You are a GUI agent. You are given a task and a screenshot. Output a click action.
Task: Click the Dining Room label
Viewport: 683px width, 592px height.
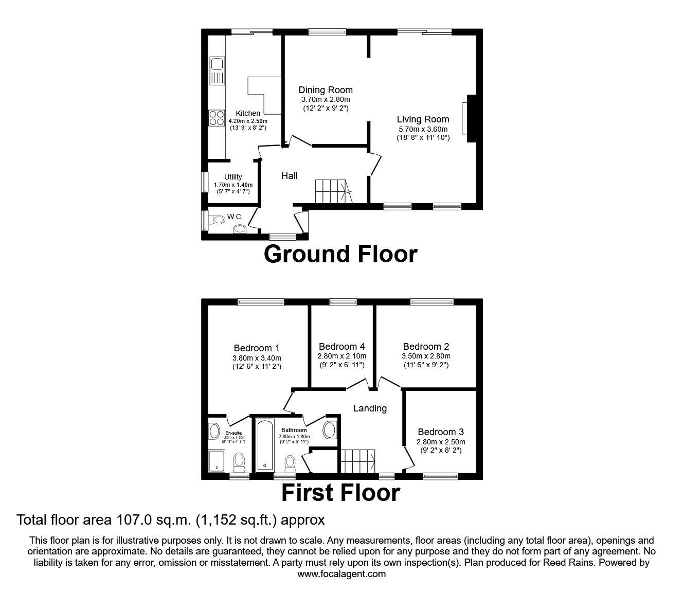point(326,90)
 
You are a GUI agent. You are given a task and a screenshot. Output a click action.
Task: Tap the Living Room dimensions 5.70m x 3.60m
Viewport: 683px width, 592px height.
point(423,129)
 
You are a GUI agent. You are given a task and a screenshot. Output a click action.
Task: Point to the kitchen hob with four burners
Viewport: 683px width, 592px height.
point(216,118)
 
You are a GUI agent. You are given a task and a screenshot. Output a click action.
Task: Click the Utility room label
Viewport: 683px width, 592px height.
point(233,177)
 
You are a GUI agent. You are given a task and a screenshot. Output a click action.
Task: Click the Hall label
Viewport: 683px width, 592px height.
point(289,176)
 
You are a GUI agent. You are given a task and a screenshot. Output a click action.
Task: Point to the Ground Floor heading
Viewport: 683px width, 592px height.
point(340,254)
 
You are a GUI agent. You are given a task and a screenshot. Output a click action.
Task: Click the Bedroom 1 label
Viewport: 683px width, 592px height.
point(257,348)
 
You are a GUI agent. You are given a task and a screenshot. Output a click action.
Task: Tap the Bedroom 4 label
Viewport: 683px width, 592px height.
point(341,347)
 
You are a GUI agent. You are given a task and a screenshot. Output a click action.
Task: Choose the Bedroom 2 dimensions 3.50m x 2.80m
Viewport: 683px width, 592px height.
point(426,356)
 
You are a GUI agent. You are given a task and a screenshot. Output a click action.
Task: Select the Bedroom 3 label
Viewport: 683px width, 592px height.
point(437,432)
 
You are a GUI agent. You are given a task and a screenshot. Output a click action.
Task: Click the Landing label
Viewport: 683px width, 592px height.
point(370,408)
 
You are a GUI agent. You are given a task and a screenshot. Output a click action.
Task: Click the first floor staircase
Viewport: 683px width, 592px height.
point(358,460)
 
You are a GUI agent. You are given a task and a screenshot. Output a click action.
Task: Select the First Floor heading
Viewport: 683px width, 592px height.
point(340,493)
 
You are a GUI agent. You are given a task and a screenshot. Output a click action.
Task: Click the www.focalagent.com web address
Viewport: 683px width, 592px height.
point(341,574)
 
